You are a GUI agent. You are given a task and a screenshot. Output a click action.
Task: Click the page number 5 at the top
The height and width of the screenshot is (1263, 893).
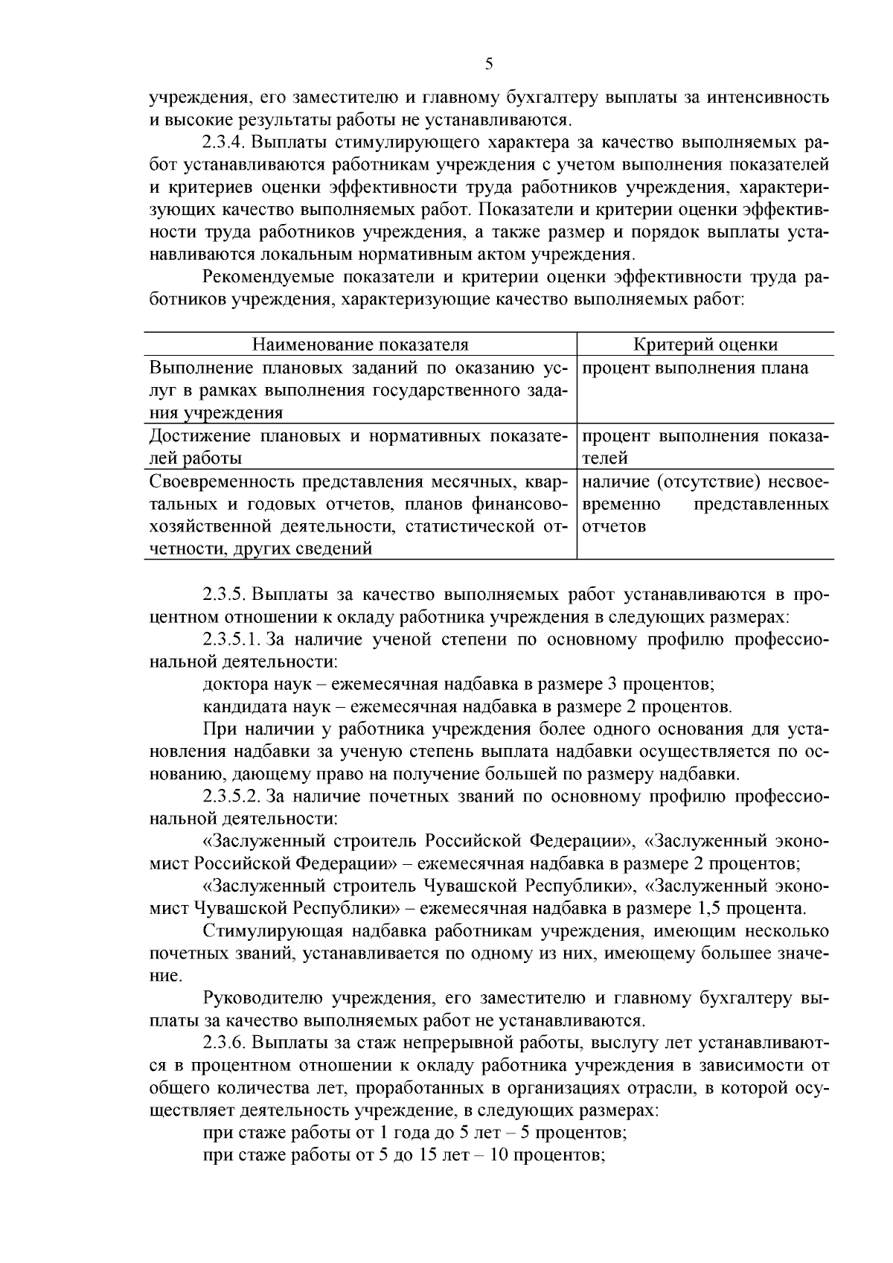point(489,64)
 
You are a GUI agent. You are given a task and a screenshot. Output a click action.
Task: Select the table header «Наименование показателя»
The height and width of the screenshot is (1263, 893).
point(360,345)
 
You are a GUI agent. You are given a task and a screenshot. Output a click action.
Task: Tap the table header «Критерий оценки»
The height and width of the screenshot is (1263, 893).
point(705,345)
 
